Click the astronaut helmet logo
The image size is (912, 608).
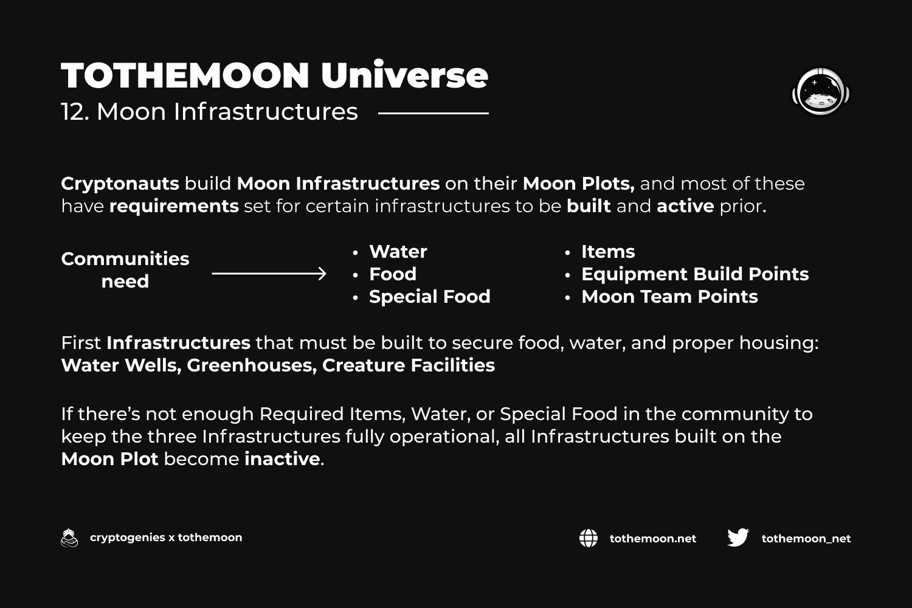(821, 92)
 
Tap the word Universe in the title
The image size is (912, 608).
(404, 75)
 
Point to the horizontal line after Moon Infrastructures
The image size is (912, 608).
(433, 113)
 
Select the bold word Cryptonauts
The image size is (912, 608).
(120, 184)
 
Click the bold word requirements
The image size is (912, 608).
(174, 207)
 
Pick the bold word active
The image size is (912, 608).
(685, 206)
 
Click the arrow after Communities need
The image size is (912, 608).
(269, 274)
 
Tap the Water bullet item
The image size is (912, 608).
(398, 252)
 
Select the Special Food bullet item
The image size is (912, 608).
(429, 297)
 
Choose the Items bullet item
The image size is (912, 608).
(608, 252)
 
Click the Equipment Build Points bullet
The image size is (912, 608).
(695, 274)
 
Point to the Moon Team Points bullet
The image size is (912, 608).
(669, 297)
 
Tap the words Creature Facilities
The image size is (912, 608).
(409, 365)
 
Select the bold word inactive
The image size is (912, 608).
(282, 459)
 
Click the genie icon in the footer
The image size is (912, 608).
(69, 537)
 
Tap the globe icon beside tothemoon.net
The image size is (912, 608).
(589, 538)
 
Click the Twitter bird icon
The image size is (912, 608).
(738, 537)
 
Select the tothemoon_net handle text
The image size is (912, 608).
(806, 539)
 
